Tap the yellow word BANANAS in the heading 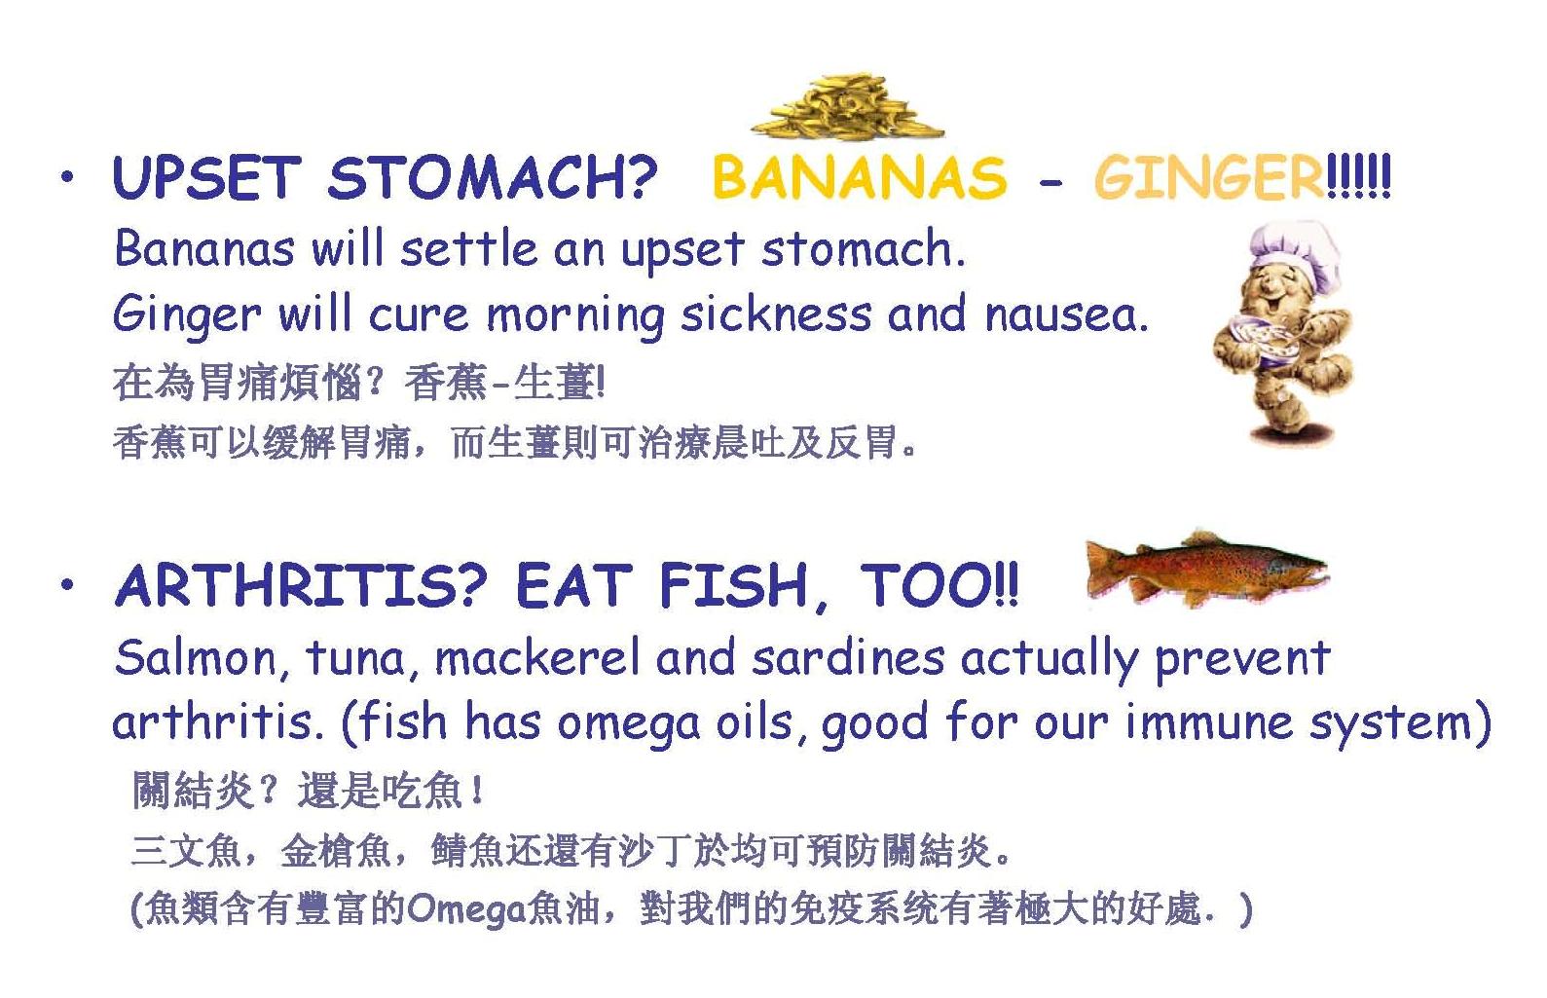860,177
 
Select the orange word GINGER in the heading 1209,177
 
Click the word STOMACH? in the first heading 492,177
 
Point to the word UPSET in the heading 207,177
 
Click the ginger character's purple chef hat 1295,254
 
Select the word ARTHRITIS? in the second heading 302,585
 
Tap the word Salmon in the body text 196,657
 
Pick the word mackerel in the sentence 537,657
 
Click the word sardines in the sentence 848,657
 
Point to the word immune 1209,721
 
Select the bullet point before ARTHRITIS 67,584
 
